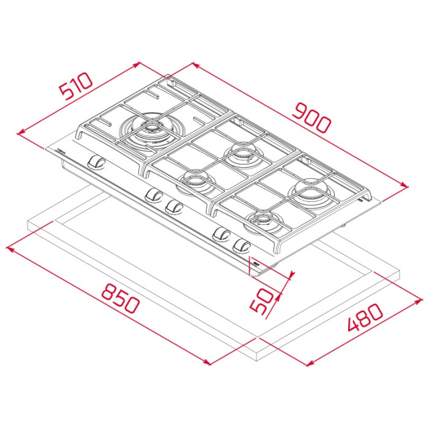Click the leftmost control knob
tap(96, 161)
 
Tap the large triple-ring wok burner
tap(150, 129)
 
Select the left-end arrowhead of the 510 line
tap(20, 133)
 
